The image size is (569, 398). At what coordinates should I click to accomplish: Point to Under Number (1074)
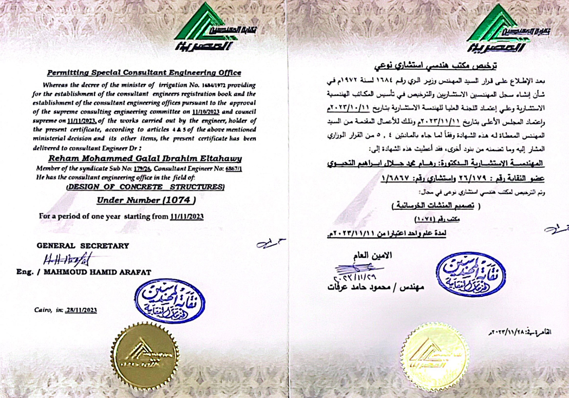pos(146,199)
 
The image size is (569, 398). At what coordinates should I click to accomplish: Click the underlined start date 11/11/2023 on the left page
pos(186,216)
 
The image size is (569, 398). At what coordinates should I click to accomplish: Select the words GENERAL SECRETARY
pos(83,246)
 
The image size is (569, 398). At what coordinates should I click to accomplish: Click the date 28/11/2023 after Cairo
pos(80,310)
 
